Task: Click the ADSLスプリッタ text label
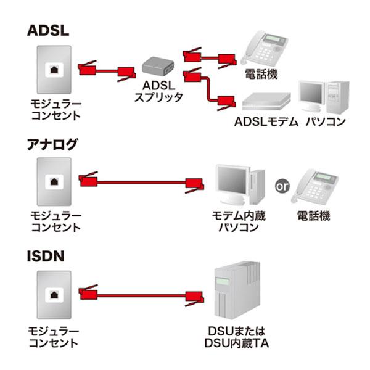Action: click(x=158, y=91)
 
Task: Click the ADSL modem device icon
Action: click(x=266, y=101)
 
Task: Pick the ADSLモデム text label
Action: click(x=266, y=121)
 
